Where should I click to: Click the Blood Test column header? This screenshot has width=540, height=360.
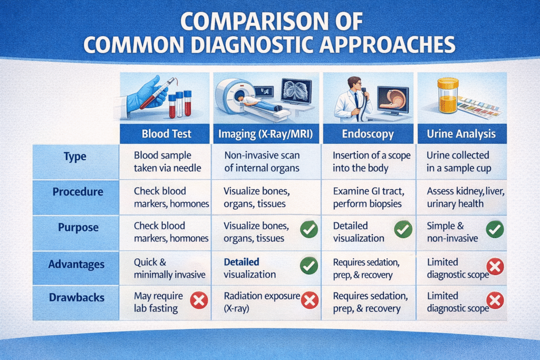click(x=166, y=134)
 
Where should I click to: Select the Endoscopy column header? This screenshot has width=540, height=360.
click(x=368, y=134)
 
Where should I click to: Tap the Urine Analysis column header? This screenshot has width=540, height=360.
click(x=461, y=134)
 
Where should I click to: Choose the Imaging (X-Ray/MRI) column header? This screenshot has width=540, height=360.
click(x=266, y=134)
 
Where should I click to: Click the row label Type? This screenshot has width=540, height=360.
click(x=75, y=157)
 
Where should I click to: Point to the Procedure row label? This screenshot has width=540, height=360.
click(x=78, y=192)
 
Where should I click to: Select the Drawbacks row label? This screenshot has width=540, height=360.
click(x=76, y=297)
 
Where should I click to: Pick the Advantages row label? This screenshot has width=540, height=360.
click(x=76, y=264)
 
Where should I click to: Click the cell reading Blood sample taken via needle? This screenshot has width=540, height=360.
click(x=167, y=162)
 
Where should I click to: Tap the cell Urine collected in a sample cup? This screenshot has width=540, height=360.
click(x=459, y=162)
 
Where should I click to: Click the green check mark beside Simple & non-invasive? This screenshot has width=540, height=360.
click(x=495, y=230)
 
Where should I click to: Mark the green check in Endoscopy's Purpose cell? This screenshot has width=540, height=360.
click(x=403, y=230)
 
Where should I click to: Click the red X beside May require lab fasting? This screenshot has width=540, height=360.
click(x=199, y=300)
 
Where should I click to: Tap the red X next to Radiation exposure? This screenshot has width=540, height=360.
click(x=310, y=300)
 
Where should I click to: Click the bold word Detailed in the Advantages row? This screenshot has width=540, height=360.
click(x=242, y=262)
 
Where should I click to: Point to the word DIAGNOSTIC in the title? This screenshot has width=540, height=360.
click(x=252, y=45)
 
